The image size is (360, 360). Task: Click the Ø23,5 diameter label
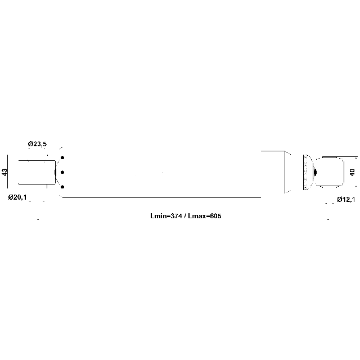tap(37, 144)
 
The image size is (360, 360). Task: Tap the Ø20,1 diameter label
tap(17, 197)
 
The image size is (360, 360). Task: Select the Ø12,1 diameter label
tap(346, 200)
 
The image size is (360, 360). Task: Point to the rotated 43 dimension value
tap(4, 172)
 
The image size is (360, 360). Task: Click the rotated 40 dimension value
tap(352, 172)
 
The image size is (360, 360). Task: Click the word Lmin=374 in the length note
tap(166, 216)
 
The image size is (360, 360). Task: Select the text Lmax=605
tap(205, 216)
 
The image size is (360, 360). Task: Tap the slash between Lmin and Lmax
tap(185, 216)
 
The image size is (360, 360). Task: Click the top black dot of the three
tap(62, 157)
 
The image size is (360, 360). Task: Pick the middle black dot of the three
tap(62, 172)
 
